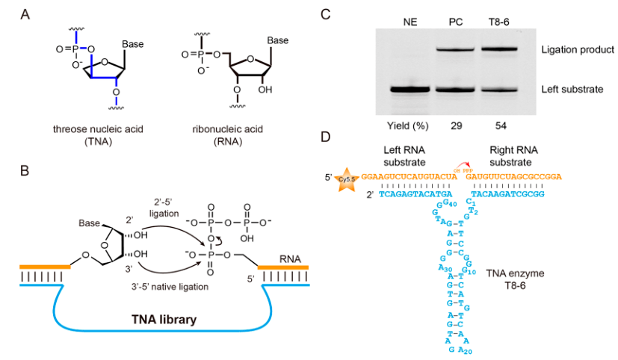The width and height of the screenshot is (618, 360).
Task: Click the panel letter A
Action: [x=27, y=13]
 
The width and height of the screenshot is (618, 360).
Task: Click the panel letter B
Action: [x=26, y=171]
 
